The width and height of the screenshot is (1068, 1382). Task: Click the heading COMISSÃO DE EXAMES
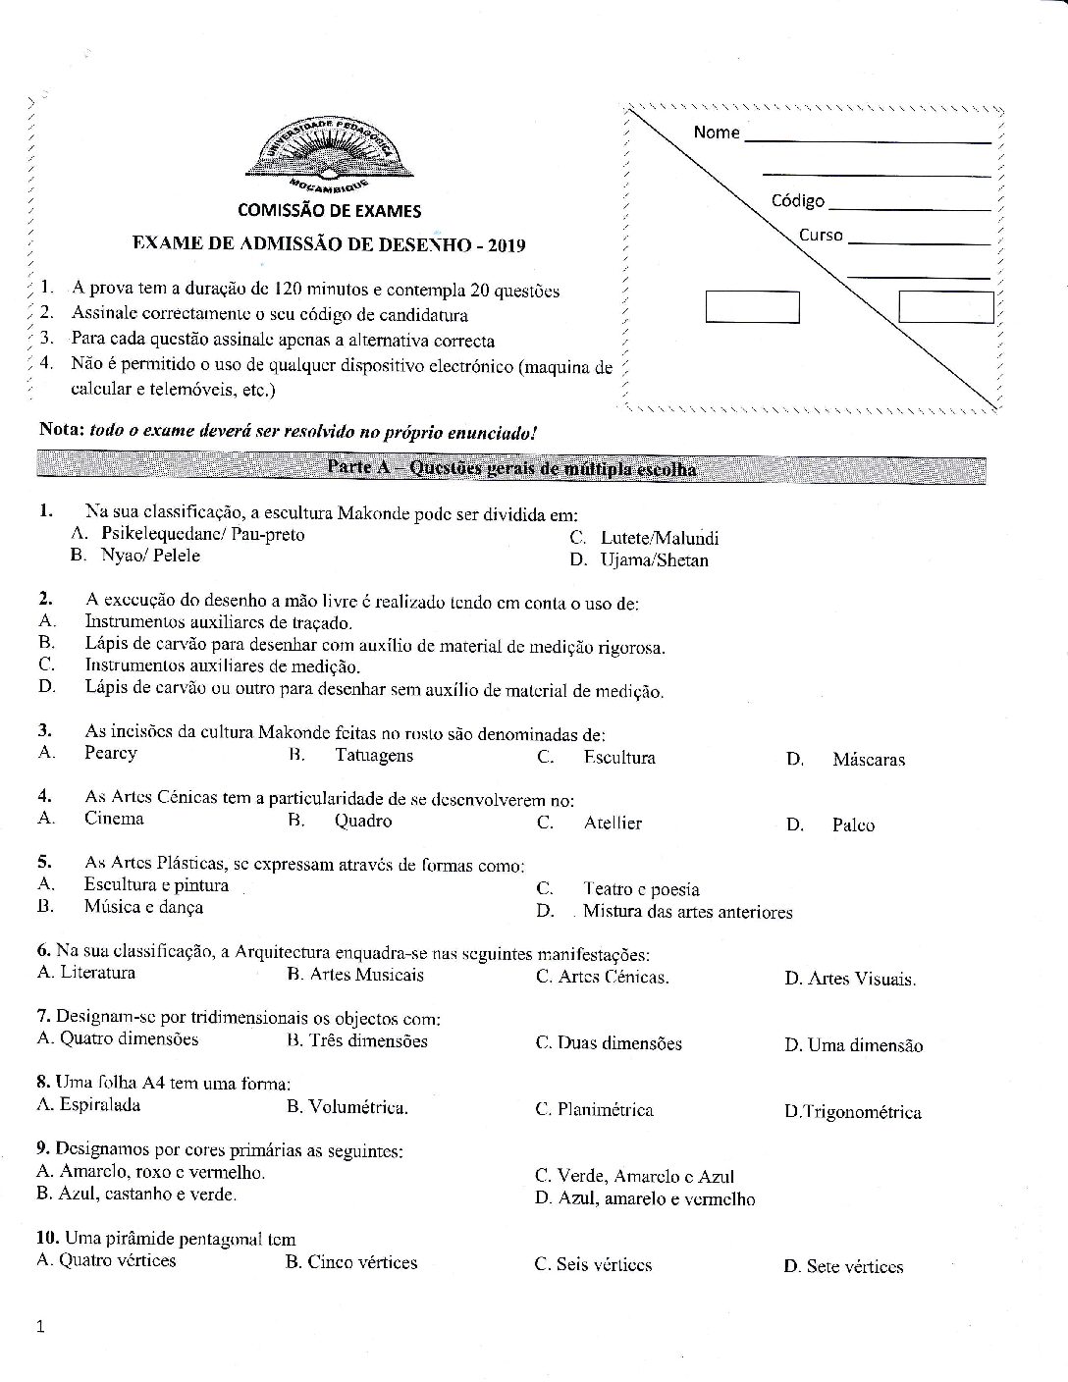329,210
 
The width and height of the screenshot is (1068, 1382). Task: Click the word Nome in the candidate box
716,133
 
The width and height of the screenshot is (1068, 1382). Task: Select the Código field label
797,201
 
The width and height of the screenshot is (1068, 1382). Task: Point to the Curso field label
821,236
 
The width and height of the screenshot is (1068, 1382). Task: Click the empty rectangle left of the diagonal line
752,307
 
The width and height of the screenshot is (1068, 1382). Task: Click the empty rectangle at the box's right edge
945,307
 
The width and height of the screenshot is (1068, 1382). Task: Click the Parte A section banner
510,468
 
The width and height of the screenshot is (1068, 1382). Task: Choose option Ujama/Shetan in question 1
654,561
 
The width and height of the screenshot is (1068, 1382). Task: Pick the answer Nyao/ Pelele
150,556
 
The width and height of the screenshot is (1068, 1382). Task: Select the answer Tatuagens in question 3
374,756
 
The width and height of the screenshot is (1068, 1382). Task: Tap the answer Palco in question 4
853,825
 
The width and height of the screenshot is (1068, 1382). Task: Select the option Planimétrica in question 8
605,1110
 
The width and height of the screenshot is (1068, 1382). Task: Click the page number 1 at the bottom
40,1329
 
